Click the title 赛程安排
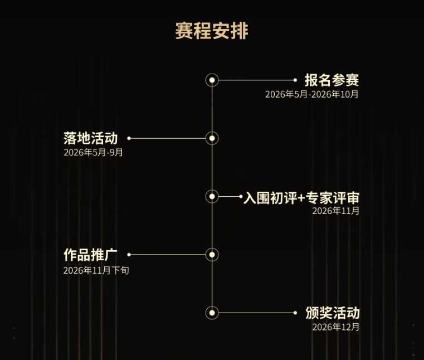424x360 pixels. tap(212, 31)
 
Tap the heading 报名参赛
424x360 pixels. tap(332, 80)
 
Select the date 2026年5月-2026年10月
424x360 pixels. tap(312, 94)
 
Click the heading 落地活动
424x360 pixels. tap(91, 138)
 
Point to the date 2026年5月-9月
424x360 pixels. tap(93, 153)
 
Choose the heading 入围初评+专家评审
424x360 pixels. tap(301, 198)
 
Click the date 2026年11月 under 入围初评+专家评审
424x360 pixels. tap(336, 211)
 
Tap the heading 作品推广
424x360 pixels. tap(91, 255)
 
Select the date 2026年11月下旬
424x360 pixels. tap(96, 270)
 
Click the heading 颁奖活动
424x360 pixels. tap(332, 313)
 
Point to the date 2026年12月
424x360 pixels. tap(336, 327)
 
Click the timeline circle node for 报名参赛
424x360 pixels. tap(212, 80)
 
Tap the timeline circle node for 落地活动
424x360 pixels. tap(212, 138)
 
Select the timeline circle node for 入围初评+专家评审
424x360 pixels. tap(212, 197)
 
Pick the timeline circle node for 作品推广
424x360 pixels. tap(212, 255)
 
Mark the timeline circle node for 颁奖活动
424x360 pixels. tap(212, 313)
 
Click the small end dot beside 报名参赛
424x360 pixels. tap(295, 80)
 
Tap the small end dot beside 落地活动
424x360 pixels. tap(129, 138)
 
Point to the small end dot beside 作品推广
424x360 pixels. tap(129, 255)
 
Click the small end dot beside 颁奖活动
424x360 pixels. tap(295, 313)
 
